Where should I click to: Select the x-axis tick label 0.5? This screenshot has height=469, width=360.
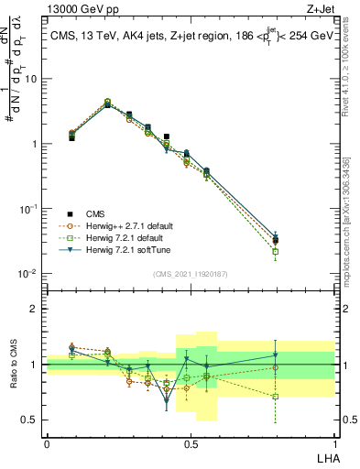pos(191,443)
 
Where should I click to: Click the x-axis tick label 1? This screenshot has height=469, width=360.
pos(334,443)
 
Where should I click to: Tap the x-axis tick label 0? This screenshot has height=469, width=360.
pos(47,443)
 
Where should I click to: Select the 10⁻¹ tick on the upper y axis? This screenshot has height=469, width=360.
pos(30,209)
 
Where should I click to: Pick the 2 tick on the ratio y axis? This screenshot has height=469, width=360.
pos(36,309)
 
